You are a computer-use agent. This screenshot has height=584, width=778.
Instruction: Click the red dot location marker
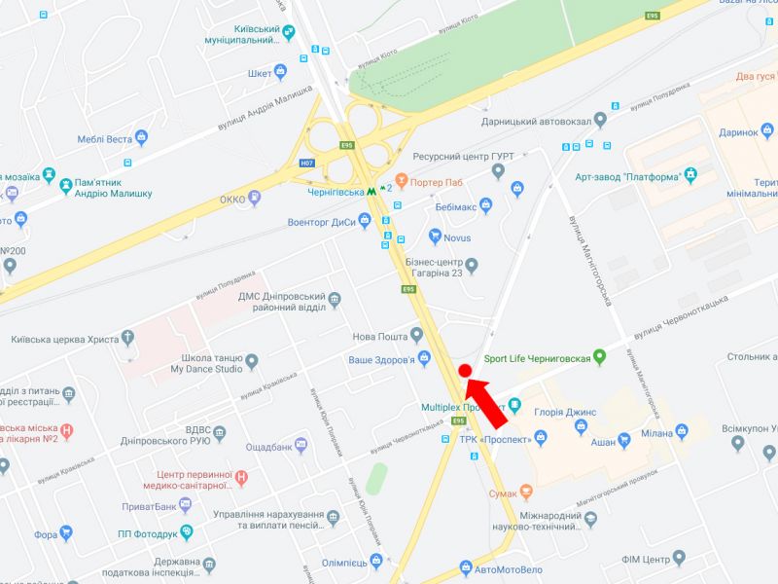[465, 370]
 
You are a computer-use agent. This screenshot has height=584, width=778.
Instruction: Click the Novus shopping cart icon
[435, 237]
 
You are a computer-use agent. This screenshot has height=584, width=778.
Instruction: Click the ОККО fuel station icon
[255, 199]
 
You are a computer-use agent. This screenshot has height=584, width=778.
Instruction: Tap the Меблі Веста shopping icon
[141, 139]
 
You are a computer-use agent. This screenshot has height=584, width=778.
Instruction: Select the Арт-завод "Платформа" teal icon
[690, 176]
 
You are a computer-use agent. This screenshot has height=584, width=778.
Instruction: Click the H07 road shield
[307, 164]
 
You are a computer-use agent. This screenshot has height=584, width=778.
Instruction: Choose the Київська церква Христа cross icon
[127, 339]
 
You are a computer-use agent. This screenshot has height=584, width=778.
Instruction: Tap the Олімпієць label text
[344, 563]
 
